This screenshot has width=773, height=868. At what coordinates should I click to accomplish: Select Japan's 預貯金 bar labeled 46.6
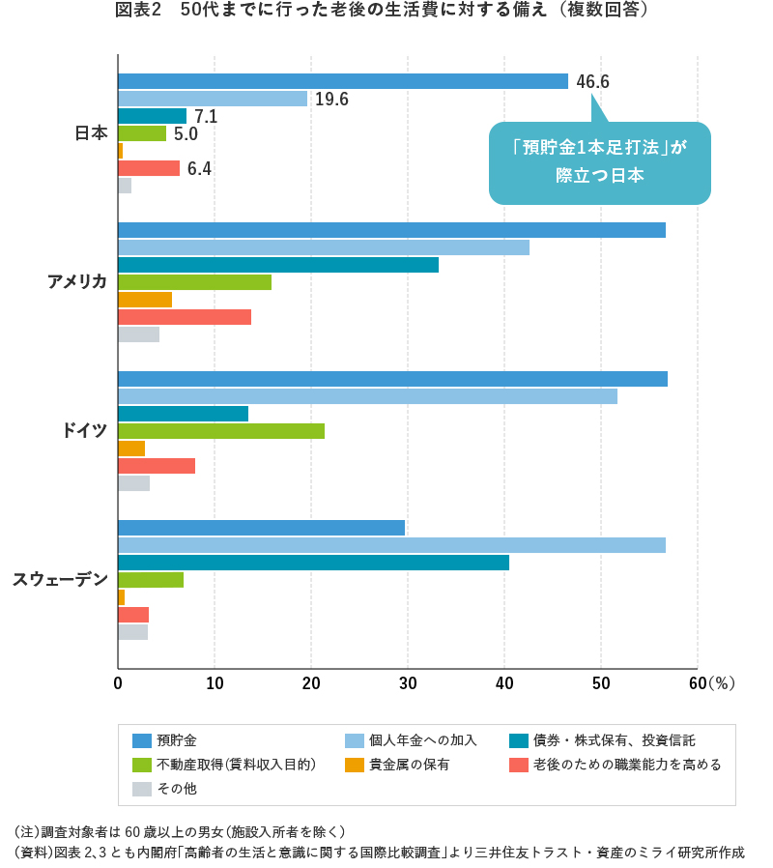(x=342, y=81)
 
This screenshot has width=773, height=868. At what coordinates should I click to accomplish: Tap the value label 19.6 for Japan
(x=331, y=100)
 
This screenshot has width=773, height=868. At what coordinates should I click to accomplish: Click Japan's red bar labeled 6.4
(x=149, y=168)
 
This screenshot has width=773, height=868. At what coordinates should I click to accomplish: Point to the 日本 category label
(x=91, y=133)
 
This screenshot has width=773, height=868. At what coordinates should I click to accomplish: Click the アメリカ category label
(x=77, y=281)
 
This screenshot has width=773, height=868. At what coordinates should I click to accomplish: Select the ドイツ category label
(x=84, y=430)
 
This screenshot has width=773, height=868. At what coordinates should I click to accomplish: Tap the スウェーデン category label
(x=60, y=579)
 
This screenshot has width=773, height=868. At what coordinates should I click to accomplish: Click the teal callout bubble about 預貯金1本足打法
(x=599, y=162)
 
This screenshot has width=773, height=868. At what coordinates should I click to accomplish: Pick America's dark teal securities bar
(x=278, y=265)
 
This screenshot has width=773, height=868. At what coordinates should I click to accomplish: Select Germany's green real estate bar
(x=221, y=431)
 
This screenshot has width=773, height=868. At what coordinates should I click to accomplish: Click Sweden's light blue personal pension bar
(x=391, y=545)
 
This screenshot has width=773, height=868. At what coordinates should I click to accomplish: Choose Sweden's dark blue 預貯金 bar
(x=261, y=528)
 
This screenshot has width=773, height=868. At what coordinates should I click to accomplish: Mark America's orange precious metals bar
(x=145, y=300)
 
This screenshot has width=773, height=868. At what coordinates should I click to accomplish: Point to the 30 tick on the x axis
(x=408, y=683)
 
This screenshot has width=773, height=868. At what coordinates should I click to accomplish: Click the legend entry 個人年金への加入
(x=412, y=740)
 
